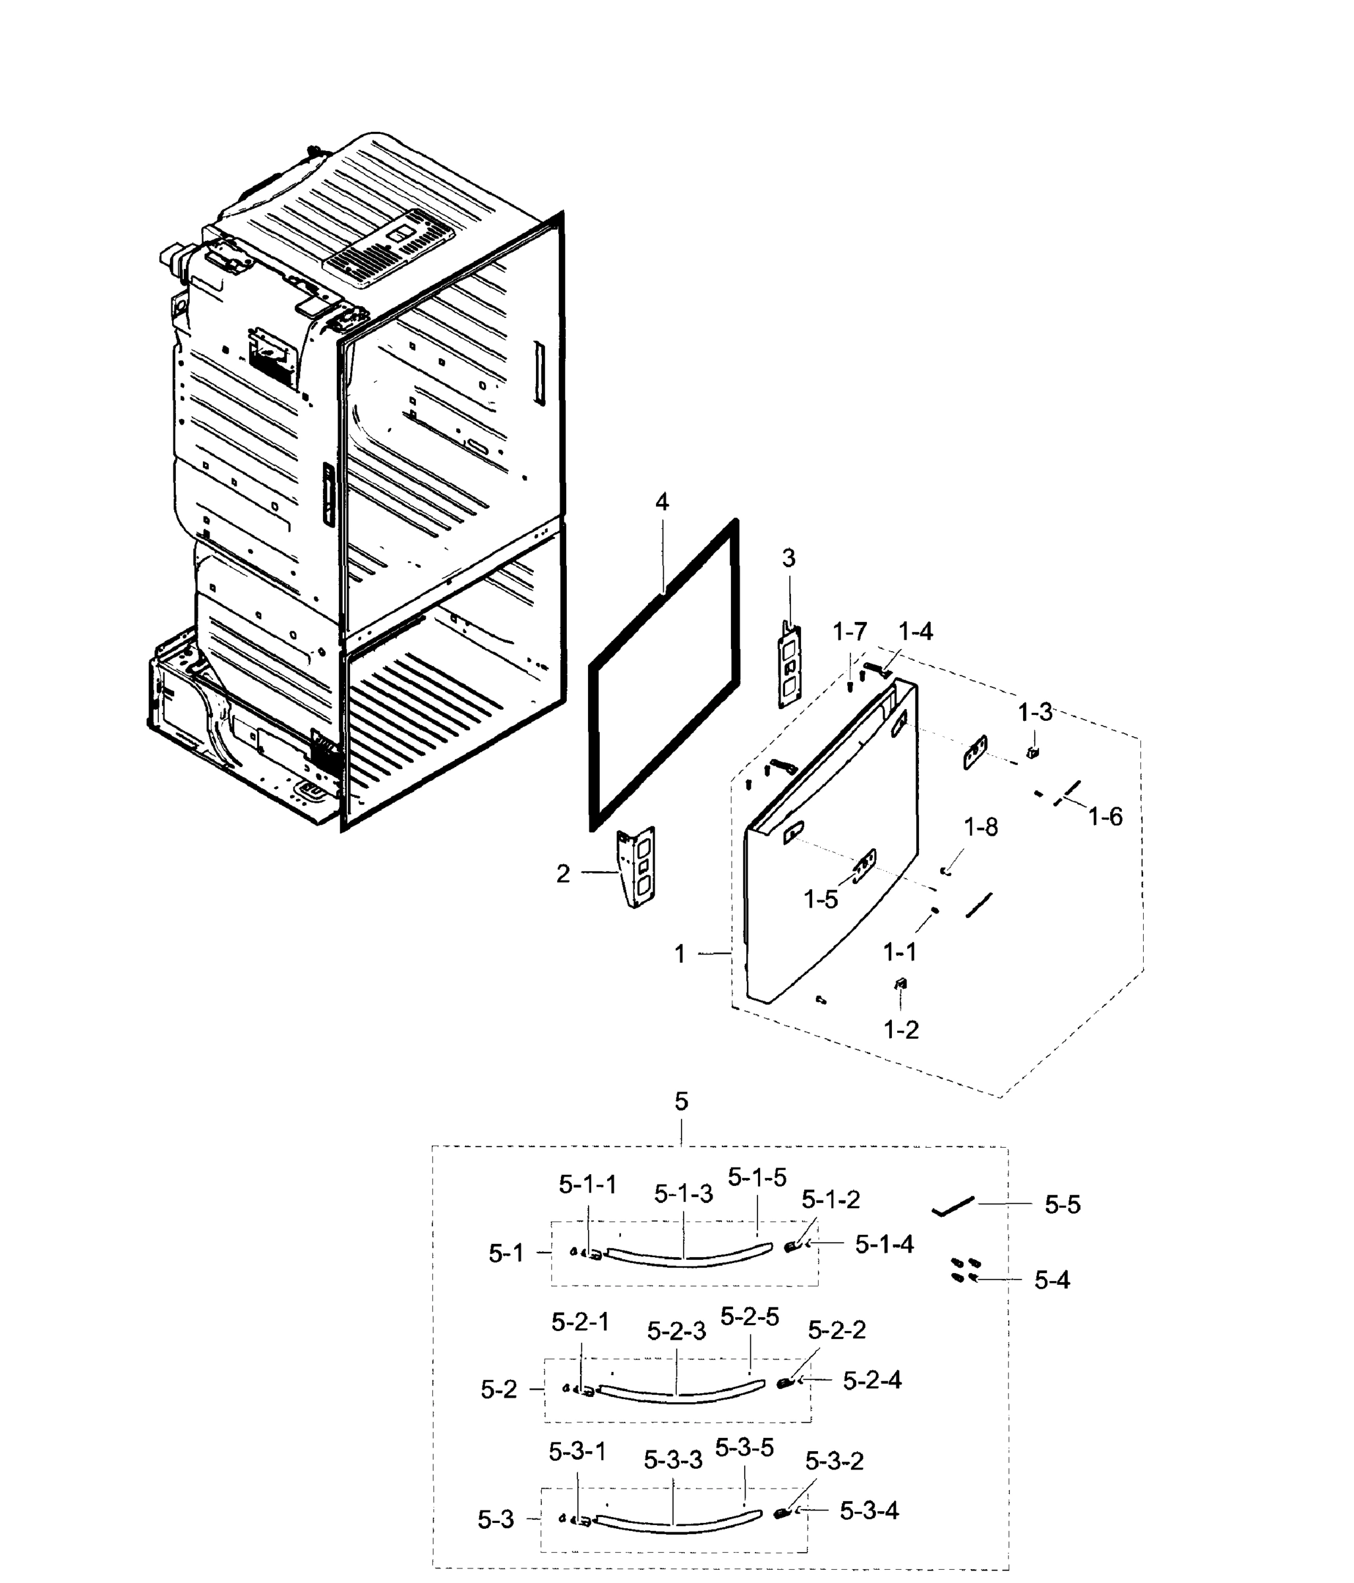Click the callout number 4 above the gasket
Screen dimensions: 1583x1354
point(661,502)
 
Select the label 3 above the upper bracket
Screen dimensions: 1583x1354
point(788,559)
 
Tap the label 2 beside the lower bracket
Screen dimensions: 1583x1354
point(563,874)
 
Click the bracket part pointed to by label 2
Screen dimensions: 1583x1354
point(637,867)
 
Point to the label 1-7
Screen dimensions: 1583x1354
point(849,632)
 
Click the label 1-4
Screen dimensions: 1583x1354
point(915,631)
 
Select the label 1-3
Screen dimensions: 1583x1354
point(1035,713)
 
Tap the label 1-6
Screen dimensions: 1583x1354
point(1105,817)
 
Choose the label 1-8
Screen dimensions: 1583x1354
point(980,827)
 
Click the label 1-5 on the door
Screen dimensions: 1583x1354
point(820,900)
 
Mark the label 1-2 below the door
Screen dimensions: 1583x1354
point(901,1030)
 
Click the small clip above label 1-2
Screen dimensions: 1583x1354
point(900,984)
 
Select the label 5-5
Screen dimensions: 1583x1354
point(1062,1205)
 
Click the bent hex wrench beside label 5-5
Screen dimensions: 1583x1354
point(951,1206)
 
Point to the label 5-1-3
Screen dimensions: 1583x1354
point(683,1194)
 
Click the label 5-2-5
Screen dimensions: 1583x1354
point(749,1317)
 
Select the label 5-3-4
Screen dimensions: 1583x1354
point(869,1510)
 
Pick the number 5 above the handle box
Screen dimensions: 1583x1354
point(681,1102)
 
